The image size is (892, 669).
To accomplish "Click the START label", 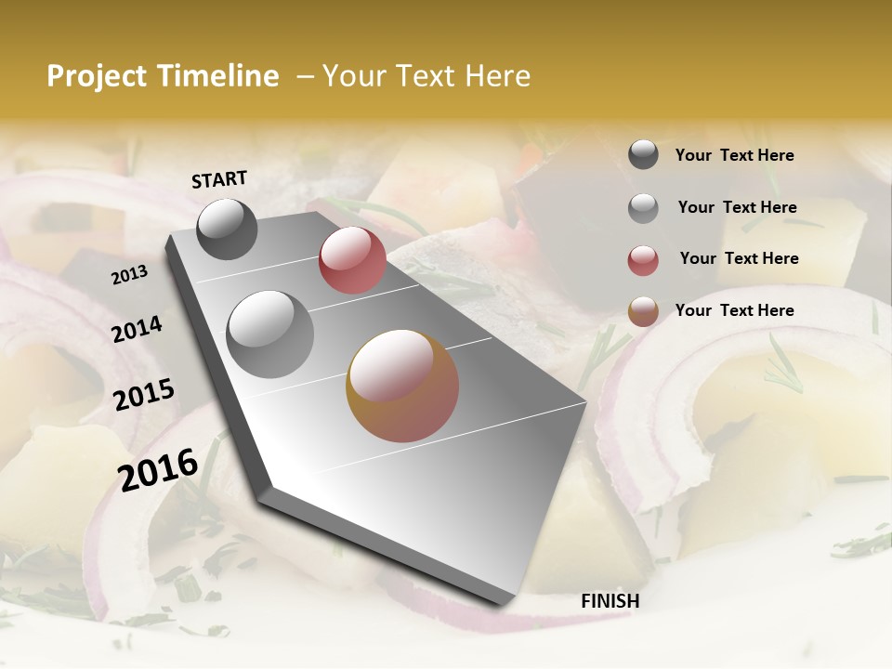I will pyautogui.click(x=219, y=179).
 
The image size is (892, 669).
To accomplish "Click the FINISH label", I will pyautogui.click(x=610, y=601).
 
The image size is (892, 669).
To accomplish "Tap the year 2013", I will pyautogui.click(x=129, y=275).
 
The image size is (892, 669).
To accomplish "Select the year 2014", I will pyautogui.click(x=137, y=330).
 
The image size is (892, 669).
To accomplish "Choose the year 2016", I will pyautogui.click(x=158, y=469).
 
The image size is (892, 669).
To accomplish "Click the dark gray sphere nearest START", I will pyautogui.click(x=227, y=229).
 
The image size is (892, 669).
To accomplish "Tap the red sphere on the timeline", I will pyautogui.click(x=352, y=260).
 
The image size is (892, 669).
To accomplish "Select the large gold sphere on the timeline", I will pyautogui.click(x=402, y=386).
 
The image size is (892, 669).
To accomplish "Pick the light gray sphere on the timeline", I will pyautogui.click(x=269, y=334).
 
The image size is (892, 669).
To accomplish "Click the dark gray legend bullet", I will pyautogui.click(x=643, y=155).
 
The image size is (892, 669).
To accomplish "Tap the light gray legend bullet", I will pyautogui.click(x=643, y=208).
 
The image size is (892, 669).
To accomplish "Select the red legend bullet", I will pyautogui.click(x=643, y=259).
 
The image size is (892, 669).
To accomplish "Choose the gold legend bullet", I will pyautogui.click(x=643, y=311).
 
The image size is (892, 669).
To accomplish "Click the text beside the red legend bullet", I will pyautogui.click(x=739, y=258).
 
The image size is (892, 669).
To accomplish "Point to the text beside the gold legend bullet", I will pyautogui.click(x=734, y=310).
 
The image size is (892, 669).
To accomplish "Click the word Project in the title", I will pyautogui.click(x=97, y=76).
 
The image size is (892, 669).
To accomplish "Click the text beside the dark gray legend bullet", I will pyautogui.click(x=734, y=155).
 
